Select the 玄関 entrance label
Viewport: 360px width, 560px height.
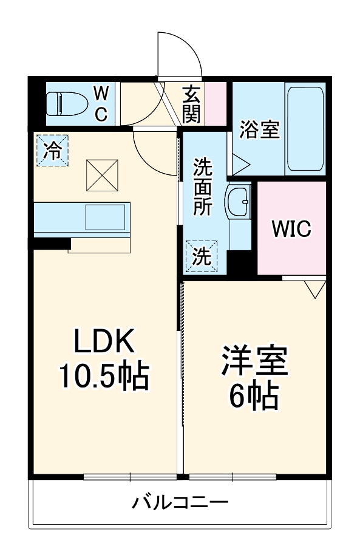(192, 103)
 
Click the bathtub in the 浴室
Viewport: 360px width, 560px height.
(306, 129)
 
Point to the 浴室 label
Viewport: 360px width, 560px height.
(259, 129)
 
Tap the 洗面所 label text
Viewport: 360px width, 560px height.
(202, 186)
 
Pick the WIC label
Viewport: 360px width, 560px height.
(291, 229)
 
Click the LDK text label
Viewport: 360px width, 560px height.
(103, 343)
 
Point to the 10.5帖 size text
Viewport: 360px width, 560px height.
(103, 377)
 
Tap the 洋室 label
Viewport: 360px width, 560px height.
(254, 363)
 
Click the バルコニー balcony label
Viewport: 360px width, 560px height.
(180, 503)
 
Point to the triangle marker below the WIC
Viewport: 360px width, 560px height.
(314, 289)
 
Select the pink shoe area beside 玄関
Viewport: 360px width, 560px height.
(216, 103)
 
